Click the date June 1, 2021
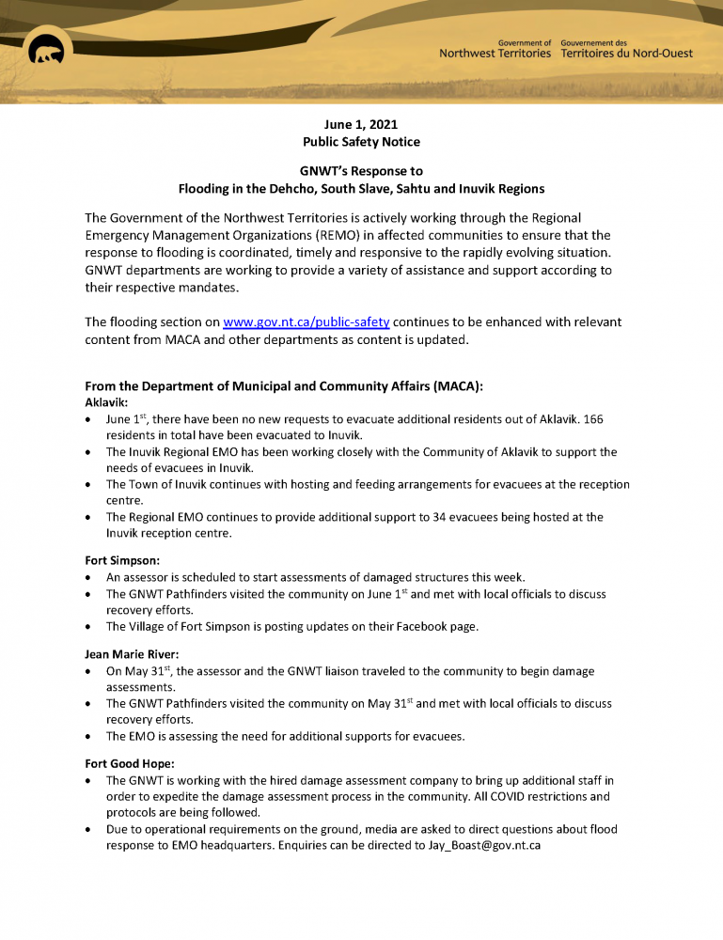tap(361, 124)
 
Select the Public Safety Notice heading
tap(361, 142)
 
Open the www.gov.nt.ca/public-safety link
tap(306, 322)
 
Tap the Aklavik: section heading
tap(106, 401)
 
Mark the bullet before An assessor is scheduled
tap(88, 577)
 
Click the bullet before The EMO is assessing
tap(88, 737)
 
